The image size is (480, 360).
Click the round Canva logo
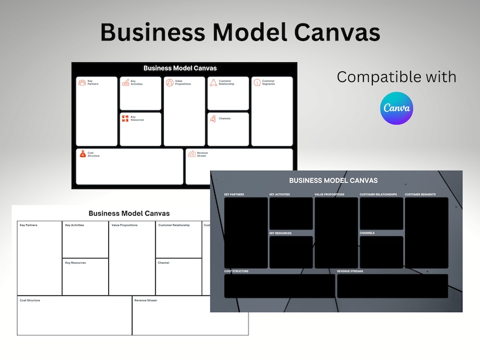pos(397,109)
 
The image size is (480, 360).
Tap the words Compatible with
pos(396,77)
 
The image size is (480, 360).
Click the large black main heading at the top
pos(240,31)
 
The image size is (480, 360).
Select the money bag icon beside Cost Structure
pos(83,154)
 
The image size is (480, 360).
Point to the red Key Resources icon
pos(125,118)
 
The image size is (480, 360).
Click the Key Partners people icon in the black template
pos(82,82)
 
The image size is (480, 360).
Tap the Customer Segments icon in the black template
pos(256,82)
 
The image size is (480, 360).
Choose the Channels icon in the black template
pos(213,118)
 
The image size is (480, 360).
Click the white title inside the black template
pos(180,68)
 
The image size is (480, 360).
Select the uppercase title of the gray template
pos(333,180)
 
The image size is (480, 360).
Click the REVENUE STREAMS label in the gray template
pos(351,271)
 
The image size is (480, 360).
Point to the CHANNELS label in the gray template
pos(367,233)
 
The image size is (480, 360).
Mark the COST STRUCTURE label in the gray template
pos(236,271)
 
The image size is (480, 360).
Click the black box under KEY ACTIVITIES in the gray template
pos(291,213)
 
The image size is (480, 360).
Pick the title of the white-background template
pos(129,213)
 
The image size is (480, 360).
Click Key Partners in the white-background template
pos(28,225)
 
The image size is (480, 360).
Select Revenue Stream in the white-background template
pos(146,300)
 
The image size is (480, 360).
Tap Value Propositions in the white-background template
pos(125,225)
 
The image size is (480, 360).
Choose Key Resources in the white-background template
pos(76,263)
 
